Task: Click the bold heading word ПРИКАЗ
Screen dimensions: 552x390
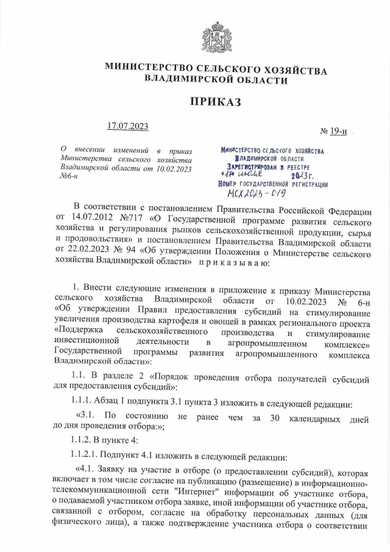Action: tap(216, 101)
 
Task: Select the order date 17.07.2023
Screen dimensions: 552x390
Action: tap(127, 126)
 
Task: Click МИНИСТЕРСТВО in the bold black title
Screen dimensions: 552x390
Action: tap(150, 70)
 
